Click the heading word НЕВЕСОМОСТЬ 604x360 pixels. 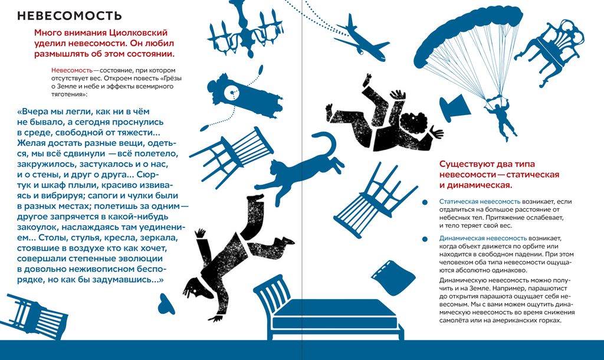pos(70,16)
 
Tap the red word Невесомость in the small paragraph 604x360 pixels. pos(72,71)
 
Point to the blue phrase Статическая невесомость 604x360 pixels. pos(480,202)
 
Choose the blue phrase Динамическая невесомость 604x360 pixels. pos(483,238)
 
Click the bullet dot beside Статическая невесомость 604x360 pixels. pos(425,202)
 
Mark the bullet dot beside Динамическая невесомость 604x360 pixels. pos(425,239)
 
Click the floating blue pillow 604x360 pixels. pos(393,277)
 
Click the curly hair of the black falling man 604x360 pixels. pos(414,123)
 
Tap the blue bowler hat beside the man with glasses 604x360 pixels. pos(166,304)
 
